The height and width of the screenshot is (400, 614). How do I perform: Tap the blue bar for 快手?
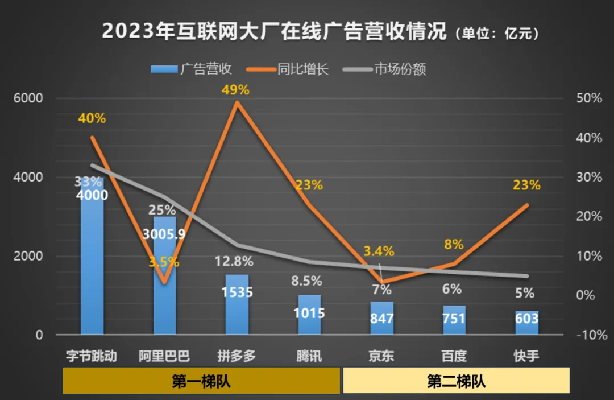click(x=527, y=323)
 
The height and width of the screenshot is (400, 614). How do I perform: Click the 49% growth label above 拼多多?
click(x=237, y=90)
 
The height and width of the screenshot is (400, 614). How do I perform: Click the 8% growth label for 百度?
click(x=454, y=245)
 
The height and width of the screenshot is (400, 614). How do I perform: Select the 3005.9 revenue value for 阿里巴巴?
click(x=164, y=234)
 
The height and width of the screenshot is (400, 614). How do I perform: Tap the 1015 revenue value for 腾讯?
click(x=310, y=313)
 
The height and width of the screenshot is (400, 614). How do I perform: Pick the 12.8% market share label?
click(x=234, y=262)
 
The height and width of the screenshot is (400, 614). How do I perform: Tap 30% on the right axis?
click(x=588, y=177)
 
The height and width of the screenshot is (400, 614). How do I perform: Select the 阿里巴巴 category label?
click(x=164, y=357)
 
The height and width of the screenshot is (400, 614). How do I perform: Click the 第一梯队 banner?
click(x=201, y=381)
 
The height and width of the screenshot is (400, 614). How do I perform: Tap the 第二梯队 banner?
click(x=456, y=381)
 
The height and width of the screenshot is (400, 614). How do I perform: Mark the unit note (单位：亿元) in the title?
click(x=497, y=34)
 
